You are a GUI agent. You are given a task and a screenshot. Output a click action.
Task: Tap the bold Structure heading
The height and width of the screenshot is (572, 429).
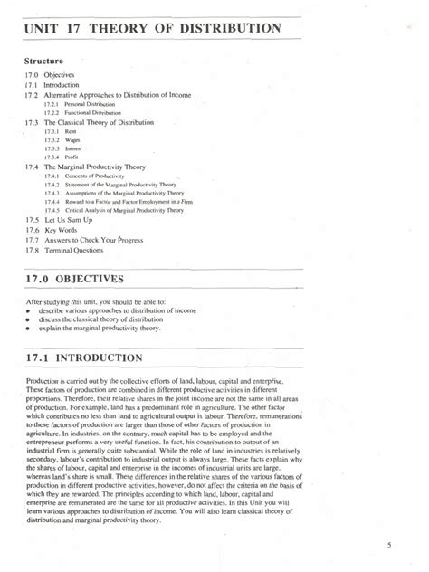[47, 62]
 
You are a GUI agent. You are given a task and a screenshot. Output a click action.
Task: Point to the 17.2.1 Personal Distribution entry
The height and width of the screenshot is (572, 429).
[78, 105]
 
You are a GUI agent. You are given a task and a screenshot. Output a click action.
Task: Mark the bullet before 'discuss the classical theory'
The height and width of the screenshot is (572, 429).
[30, 319]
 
